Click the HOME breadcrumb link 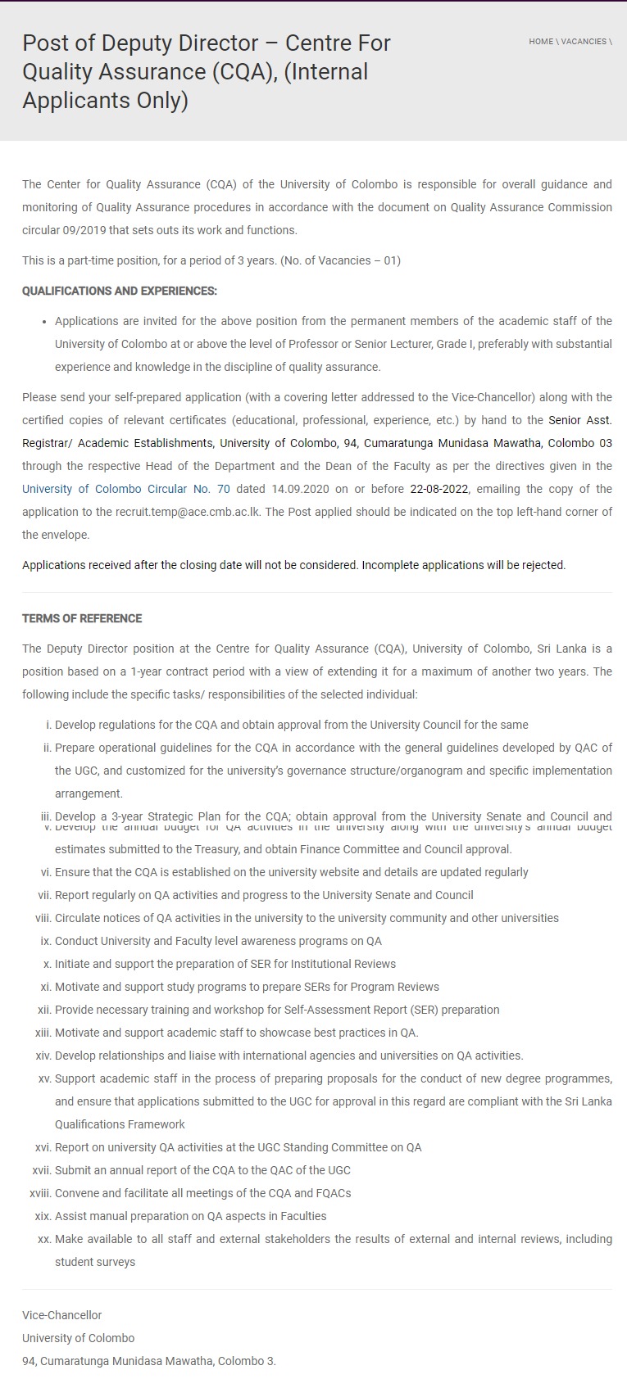(541, 42)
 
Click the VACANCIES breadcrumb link (584, 42)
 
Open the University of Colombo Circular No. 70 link (126, 489)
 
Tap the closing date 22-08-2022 (440, 489)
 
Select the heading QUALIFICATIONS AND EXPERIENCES (120, 291)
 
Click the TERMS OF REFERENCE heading (82, 618)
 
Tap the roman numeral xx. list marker (44, 1239)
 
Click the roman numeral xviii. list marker (40, 1193)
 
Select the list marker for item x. (48, 964)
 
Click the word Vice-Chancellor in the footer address (62, 1315)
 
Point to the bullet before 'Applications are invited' (44, 321)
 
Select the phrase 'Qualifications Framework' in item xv (120, 1124)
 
